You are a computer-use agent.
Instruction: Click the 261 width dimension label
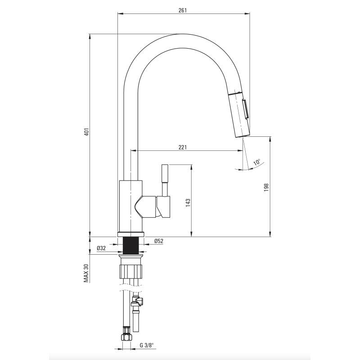point(183,10)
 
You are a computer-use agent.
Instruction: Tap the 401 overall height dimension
point(86,132)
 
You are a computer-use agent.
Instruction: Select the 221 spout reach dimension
point(183,147)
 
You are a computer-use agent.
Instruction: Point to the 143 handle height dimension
point(188,203)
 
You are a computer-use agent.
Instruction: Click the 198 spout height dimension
point(266,188)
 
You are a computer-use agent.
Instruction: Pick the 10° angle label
point(257,162)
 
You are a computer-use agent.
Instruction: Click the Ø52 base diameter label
point(159,241)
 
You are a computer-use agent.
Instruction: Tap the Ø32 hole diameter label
point(101,248)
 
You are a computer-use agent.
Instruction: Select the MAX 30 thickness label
point(86,273)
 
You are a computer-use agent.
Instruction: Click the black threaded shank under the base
point(131,245)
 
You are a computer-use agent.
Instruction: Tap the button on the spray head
point(245,109)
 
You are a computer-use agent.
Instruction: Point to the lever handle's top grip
point(165,173)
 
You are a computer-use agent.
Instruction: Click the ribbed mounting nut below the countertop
point(130,271)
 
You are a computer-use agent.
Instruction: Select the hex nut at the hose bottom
point(127,336)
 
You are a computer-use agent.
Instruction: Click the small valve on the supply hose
point(137,302)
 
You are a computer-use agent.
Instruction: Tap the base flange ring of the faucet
point(131,234)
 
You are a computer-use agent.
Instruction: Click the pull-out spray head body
point(239,114)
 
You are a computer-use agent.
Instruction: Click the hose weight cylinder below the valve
point(136,320)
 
